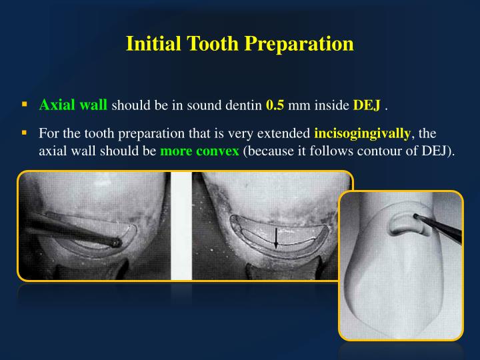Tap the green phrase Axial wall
tap(73, 105)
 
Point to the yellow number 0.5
tap(275, 105)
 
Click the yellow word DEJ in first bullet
tap(367, 105)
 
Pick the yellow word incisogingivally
tap(362, 133)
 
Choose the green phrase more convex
tap(199, 150)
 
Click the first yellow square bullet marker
tap(25, 104)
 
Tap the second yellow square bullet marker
tap(25, 132)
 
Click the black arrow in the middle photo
tap(276, 239)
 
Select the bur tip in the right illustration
tap(415, 217)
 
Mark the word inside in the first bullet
tap(334, 105)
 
